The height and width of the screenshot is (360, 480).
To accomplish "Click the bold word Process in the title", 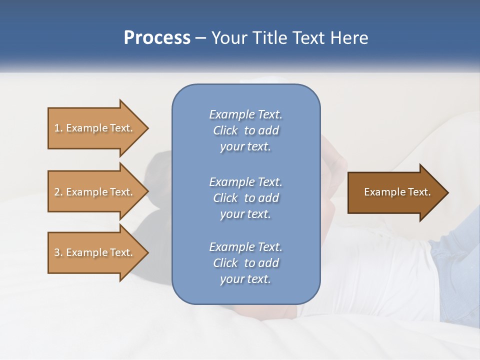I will tap(157, 38).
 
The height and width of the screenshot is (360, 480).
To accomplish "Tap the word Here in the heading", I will tap(349, 38).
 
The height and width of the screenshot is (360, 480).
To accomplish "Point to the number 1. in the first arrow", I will tap(58, 128).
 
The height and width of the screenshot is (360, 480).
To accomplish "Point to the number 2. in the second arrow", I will tap(58, 192).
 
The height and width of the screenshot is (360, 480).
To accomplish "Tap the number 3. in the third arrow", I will tap(58, 252).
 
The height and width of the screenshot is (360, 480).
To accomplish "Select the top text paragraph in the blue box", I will tap(245, 130).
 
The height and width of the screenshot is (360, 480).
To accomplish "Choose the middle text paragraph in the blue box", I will tap(245, 198).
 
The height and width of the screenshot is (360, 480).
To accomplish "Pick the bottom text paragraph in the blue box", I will tap(245, 263).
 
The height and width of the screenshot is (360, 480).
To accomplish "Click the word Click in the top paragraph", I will tap(225, 130).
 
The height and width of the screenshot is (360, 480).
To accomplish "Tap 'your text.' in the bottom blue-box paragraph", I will tap(245, 279).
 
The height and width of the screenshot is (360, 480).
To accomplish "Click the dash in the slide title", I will tap(201, 38).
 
